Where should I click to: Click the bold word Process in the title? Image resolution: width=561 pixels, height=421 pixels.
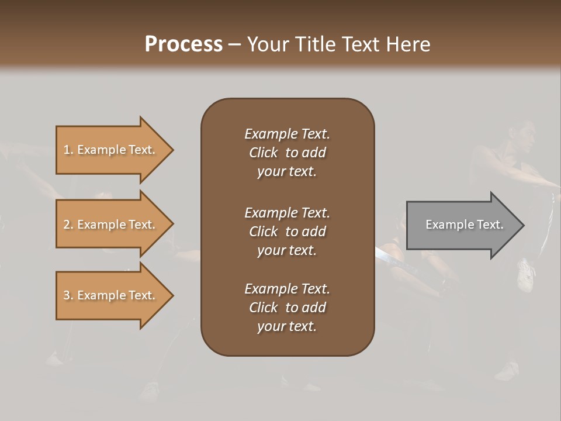(x=183, y=44)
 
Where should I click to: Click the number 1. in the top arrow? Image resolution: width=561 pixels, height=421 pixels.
(x=68, y=150)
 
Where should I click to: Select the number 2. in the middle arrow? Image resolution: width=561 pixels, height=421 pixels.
(x=68, y=225)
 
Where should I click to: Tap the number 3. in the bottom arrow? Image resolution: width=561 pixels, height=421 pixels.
(x=68, y=295)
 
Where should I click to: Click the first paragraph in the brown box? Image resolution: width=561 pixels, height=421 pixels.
(x=287, y=153)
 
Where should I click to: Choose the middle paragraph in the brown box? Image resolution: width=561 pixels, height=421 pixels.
(x=287, y=232)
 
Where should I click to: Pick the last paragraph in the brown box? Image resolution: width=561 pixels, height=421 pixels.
(x=287, y=308)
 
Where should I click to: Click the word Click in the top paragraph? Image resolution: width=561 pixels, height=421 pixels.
(x=263, y=153)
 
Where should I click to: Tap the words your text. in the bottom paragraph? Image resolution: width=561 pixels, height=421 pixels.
(x=287, y=326)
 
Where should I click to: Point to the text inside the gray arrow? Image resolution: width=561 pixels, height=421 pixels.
(x=464, y=225)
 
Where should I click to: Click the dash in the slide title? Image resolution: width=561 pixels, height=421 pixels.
(x=234, y=45)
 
